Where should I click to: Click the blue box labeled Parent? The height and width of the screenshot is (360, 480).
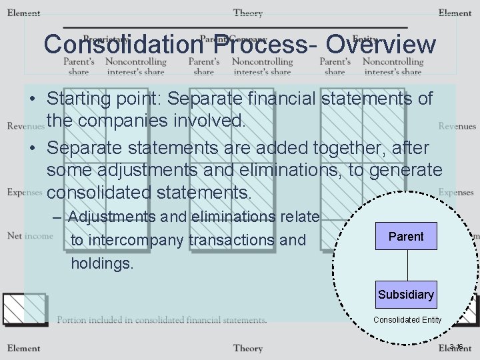[x=406, y=236]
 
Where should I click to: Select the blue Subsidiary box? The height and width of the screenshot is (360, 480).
[x=405, y=295]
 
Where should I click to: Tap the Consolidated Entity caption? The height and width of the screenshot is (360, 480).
[x=407, y=320]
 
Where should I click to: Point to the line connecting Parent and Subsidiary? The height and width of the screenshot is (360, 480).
[x=406, y=265]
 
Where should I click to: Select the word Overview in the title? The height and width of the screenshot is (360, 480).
[x=381, y=45]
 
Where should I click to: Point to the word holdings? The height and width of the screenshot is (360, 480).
[x=102, y=263]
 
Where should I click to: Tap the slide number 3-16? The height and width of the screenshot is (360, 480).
[x=457, y=346]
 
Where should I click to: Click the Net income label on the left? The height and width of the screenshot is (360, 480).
[x=30, y=235]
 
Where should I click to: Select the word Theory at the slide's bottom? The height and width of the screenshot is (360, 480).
[x=248, y=347]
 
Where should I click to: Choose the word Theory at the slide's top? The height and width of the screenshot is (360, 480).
[x=248, y=13]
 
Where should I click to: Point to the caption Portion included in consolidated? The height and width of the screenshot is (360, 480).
[x=162, y=320]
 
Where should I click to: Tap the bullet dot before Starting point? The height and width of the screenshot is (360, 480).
[x=32, y=99]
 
